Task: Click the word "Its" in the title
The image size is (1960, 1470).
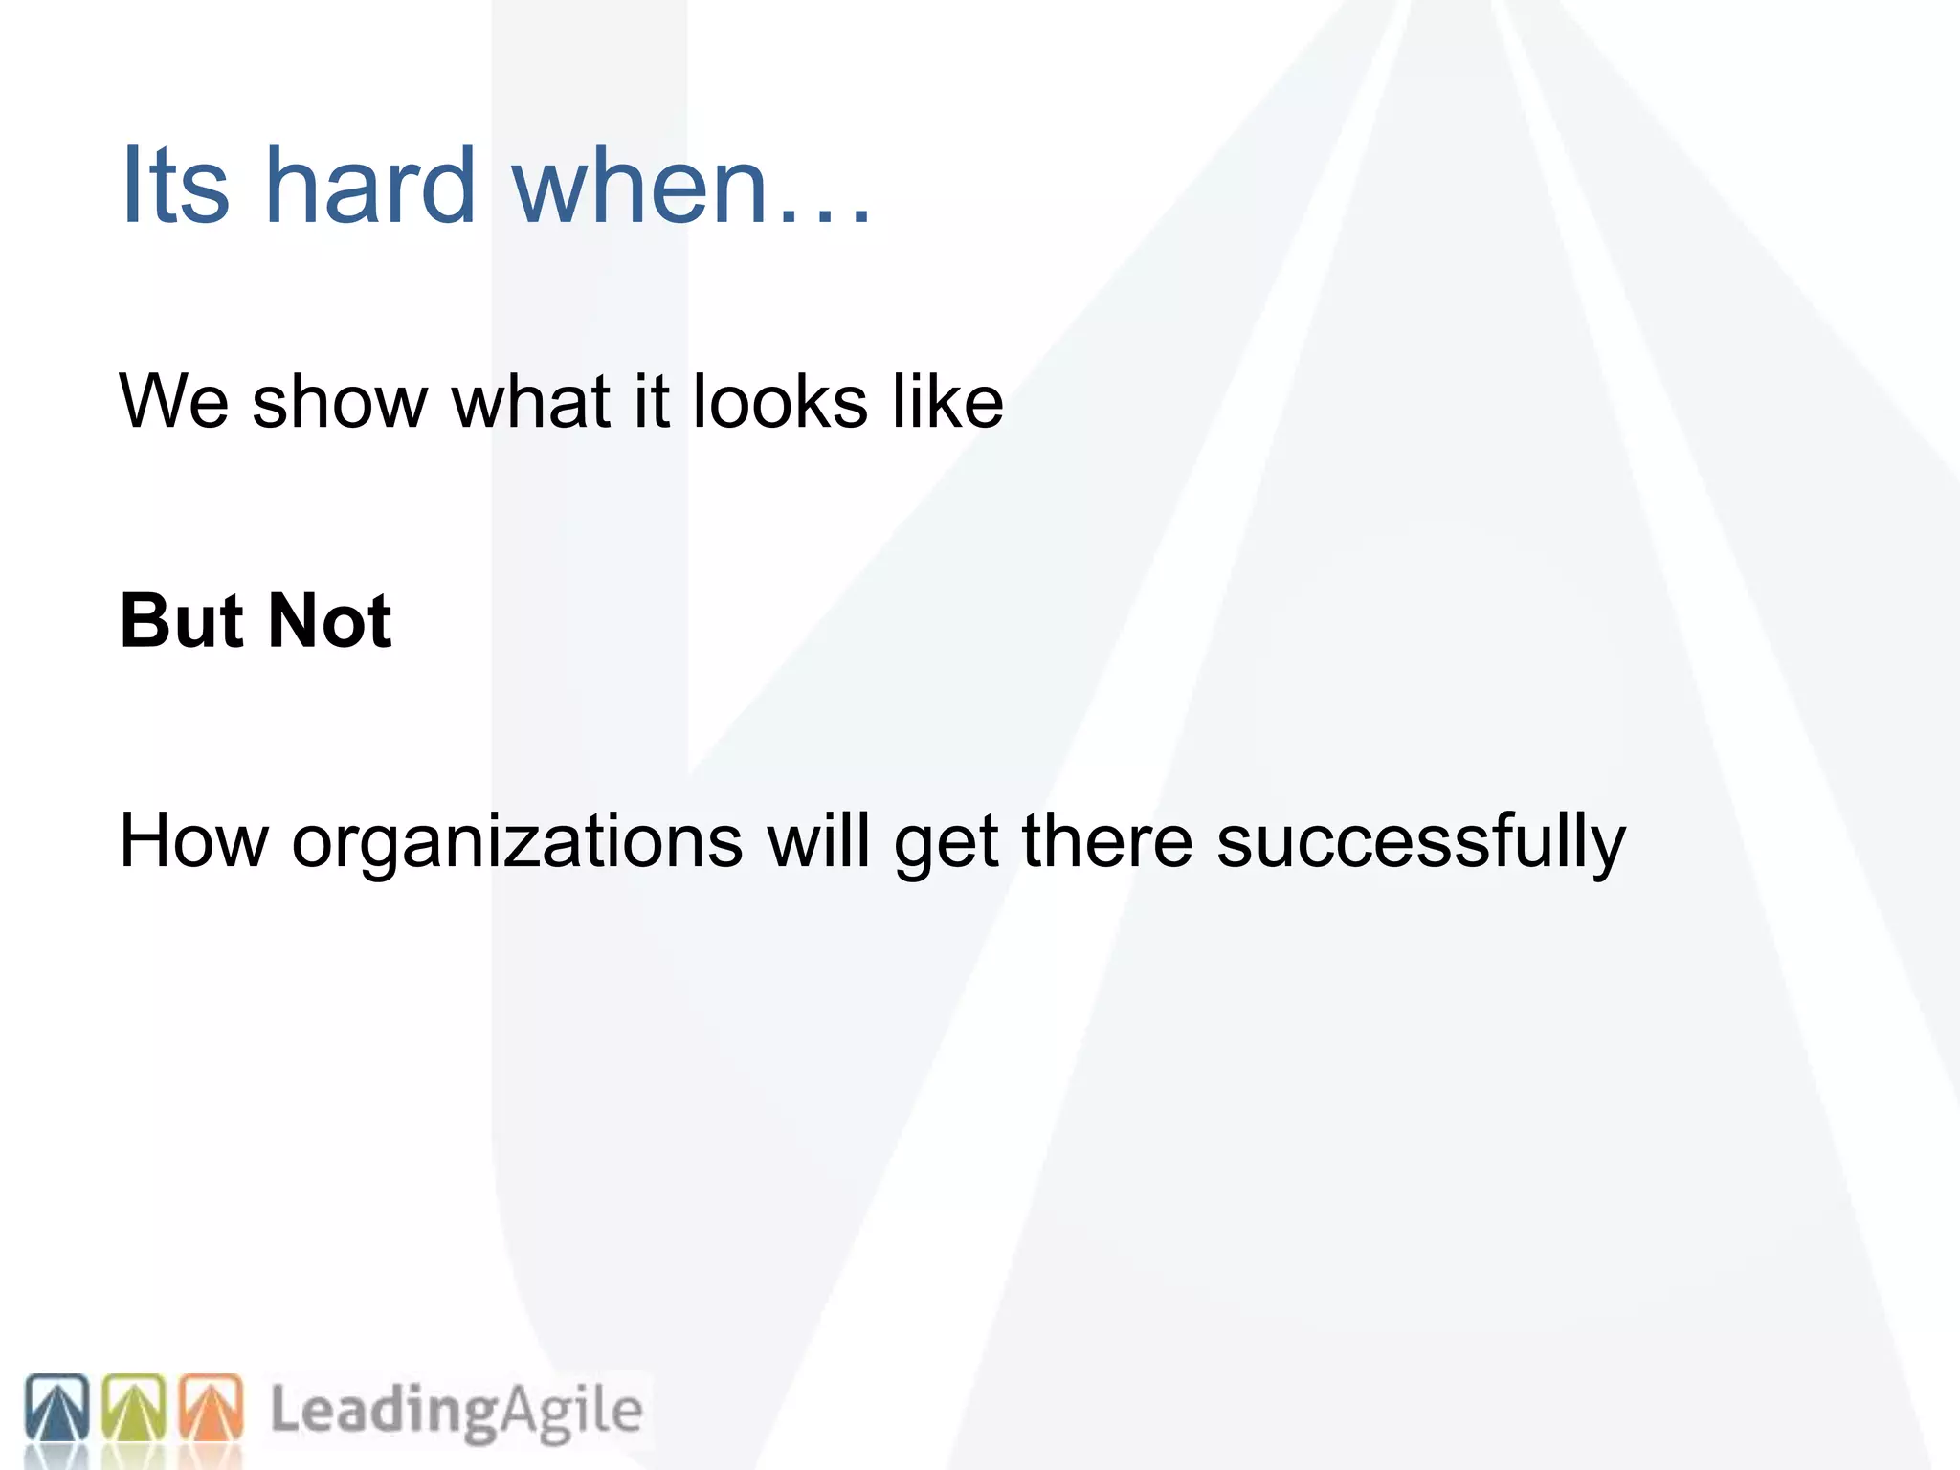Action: click(x=175, y=185)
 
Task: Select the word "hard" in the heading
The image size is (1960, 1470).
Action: click(x=369, y=185)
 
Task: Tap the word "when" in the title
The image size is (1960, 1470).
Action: click(x=640, y=185)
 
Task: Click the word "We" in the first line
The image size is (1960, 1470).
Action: click(x=173, y=401)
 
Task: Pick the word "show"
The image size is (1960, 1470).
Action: click(x=339, y=401)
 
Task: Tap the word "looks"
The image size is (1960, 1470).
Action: click(x=780, y=401)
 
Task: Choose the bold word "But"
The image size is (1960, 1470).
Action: click(x=182, y=621)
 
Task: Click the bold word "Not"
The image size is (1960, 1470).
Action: click(x=330, y=621)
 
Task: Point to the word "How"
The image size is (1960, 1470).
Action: click(x=194, y=841)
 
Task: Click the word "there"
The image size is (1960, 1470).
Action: click(x=1107, y=841)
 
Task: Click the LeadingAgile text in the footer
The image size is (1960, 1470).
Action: click(x=457, y=1411)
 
